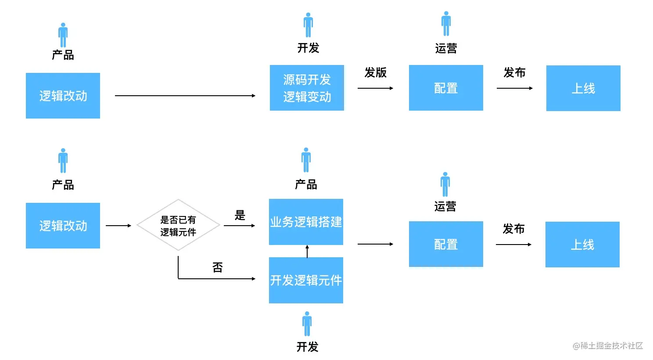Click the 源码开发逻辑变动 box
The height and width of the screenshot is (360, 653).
[307, 88]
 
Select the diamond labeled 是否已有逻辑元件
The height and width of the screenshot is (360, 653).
[178, 226]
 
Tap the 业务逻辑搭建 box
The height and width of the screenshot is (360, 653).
[306, 222]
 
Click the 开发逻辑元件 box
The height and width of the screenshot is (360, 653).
[306, 280]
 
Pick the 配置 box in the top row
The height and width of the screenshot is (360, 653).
[446, 88]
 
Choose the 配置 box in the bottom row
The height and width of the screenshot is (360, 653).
[446, 244]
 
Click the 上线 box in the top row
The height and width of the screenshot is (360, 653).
[583, 88]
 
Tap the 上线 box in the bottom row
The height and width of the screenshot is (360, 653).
[582, 245]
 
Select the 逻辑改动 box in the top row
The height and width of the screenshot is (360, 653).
[63, 96]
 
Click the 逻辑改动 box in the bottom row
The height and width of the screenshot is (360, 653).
[63, 226]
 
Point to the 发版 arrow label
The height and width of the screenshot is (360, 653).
[375, 72]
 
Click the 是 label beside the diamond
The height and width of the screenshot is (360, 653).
[240, 215]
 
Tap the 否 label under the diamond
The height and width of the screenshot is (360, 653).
[217, 267]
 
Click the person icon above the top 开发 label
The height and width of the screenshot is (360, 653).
[308, 25]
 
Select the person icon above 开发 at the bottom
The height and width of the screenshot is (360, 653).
[307, 324]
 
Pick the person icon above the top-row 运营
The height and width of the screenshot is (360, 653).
[446, 24]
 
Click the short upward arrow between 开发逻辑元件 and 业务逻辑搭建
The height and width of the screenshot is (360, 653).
[307, 251]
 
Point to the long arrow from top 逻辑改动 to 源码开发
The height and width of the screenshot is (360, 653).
[185, 96]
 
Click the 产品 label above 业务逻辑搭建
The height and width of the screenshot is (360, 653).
[306, 184]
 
